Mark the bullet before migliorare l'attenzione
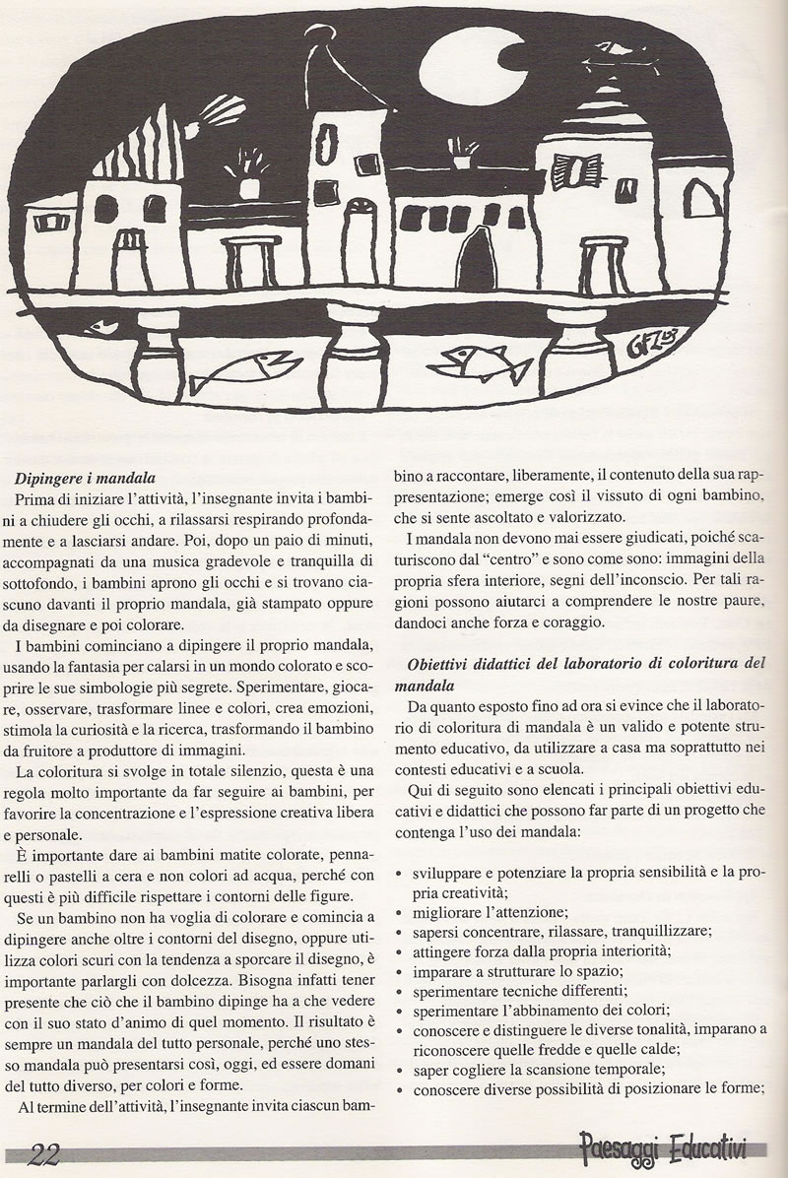point(397,913)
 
